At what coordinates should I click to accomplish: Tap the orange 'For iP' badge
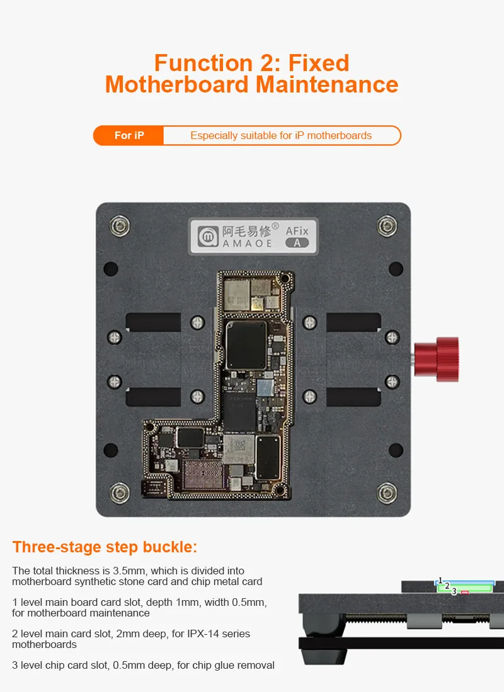pos(129,135)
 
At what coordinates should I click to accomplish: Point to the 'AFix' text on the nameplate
pos(297,231)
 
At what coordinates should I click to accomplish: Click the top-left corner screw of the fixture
pos(119,226)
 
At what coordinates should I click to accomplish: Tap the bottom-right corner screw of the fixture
pos(387,493)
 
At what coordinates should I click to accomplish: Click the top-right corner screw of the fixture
pos(387,226)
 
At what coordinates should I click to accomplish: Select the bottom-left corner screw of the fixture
pos(119,493)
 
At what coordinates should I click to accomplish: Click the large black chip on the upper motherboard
pos(246,345)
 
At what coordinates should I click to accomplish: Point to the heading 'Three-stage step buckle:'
pos(105,547)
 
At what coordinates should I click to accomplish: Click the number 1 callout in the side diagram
pos(440,581)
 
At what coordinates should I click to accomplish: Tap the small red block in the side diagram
pos(465,592)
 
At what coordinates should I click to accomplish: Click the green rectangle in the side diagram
pos(465,588)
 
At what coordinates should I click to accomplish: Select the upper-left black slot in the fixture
pos(154,322)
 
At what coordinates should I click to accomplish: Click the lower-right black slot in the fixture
pos(353,397)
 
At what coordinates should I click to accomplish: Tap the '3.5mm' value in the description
pos(129,571)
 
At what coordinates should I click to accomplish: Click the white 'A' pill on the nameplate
pos(297,243)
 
